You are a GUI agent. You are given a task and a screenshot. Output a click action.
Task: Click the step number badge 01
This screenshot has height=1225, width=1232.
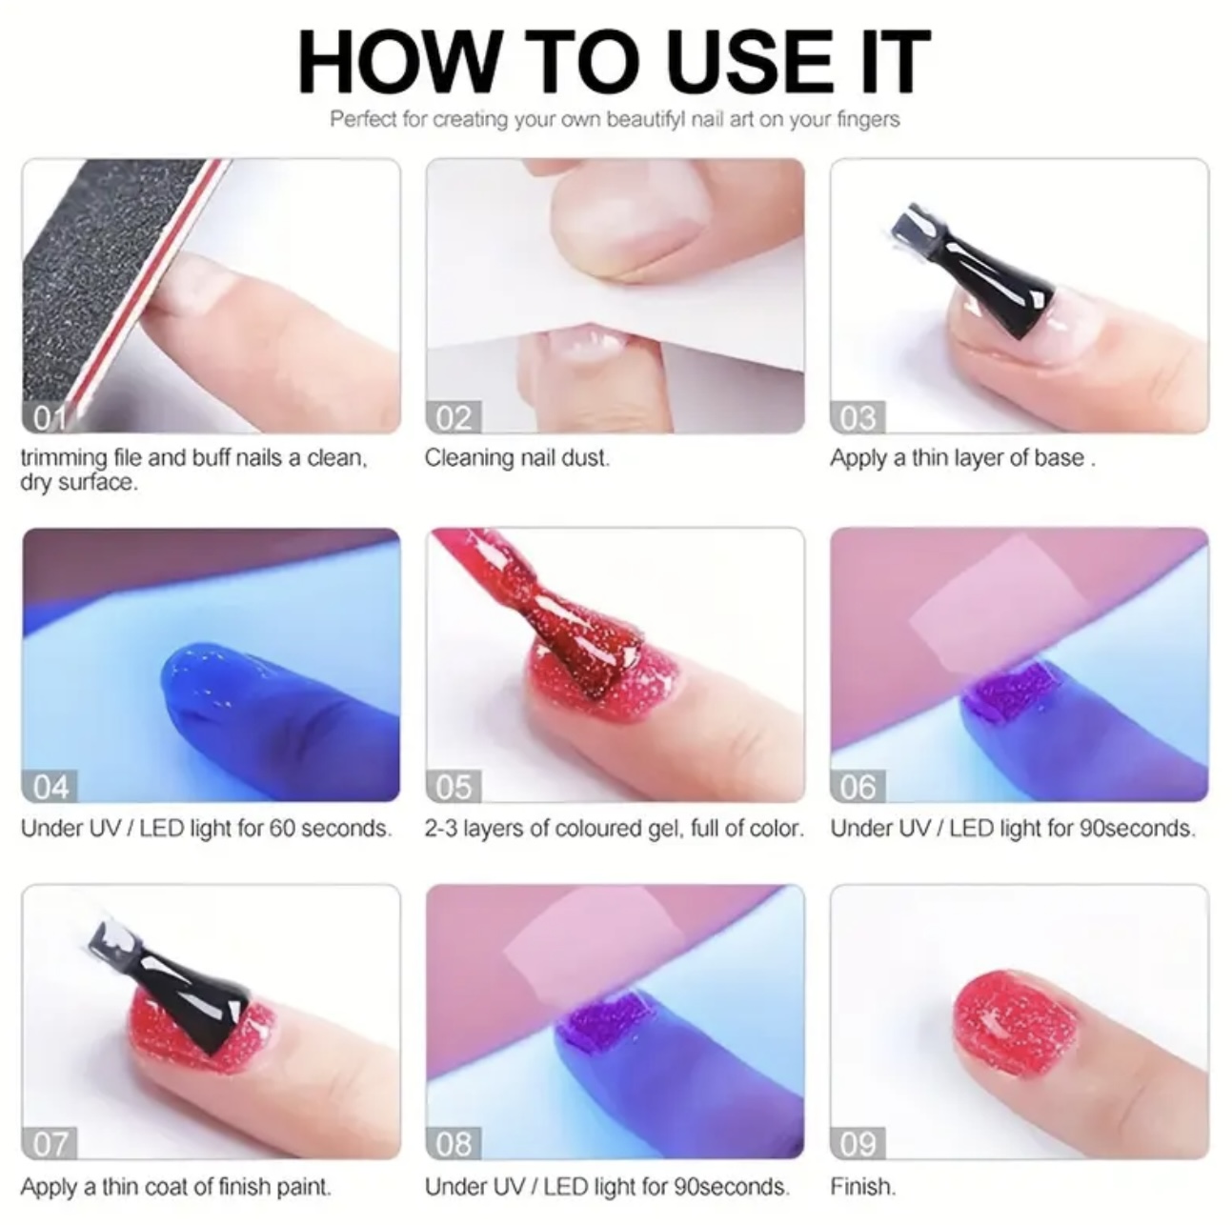pos(50,418)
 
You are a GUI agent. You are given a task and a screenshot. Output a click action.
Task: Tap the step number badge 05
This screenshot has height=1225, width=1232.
pos(454,787)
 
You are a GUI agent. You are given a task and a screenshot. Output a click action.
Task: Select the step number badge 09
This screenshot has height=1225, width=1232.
pos(858,1144)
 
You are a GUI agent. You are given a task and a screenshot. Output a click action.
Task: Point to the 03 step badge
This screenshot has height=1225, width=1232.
pos(858,418)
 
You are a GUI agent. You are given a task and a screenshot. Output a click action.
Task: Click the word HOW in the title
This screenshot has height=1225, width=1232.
pos(397,63)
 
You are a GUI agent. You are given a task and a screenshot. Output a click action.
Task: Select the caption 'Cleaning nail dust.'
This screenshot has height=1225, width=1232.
pos(517,458)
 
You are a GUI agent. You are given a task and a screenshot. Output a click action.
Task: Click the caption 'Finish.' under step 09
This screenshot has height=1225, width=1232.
pos(863,1187)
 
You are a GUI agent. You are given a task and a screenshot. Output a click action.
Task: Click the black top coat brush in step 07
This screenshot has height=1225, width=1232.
pos(172,988)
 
